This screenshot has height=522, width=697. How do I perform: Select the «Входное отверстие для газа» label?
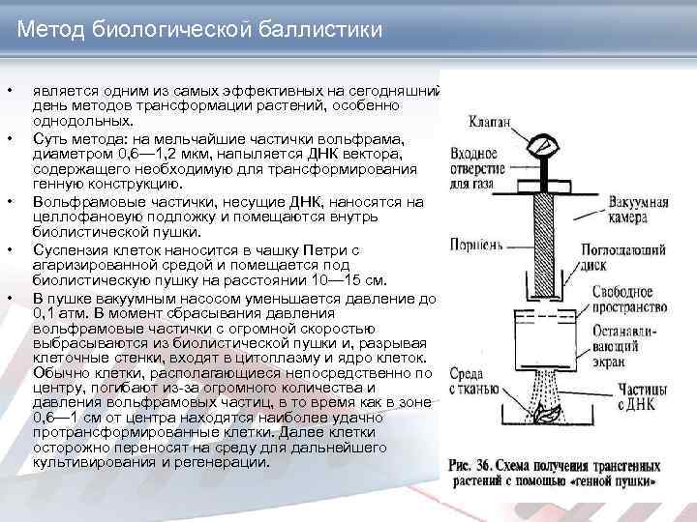click(x=473, y=166)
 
